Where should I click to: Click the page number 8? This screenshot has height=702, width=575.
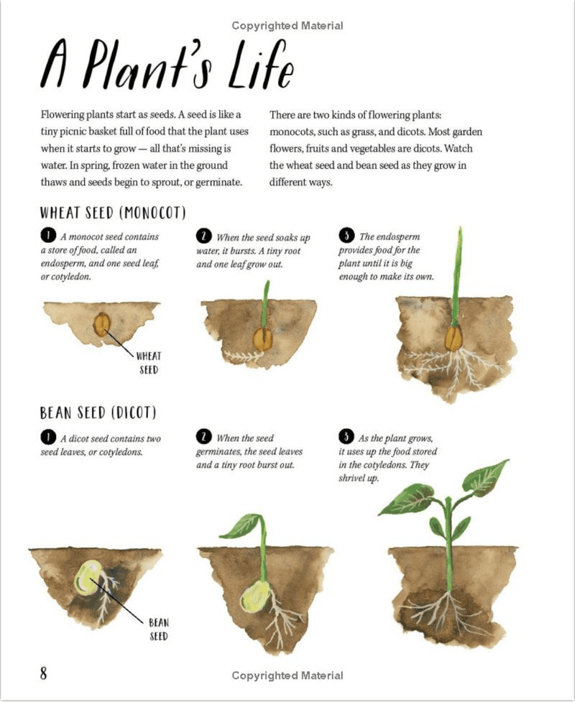pos(44,673)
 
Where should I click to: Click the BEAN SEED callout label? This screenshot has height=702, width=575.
pos(158,629)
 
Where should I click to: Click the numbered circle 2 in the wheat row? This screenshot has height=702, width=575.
pos(204,236)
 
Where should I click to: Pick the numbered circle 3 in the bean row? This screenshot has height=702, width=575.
pos(346,437)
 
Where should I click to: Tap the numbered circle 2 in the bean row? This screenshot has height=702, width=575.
pos(204,437)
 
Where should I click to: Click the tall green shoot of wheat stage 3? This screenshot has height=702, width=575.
pos(456,273)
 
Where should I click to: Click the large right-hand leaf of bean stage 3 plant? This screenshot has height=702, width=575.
pos(485,478)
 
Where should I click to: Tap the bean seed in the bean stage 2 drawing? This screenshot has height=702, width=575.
pos(256,595)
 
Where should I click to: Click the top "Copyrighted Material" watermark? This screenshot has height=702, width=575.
pos(287,26)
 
